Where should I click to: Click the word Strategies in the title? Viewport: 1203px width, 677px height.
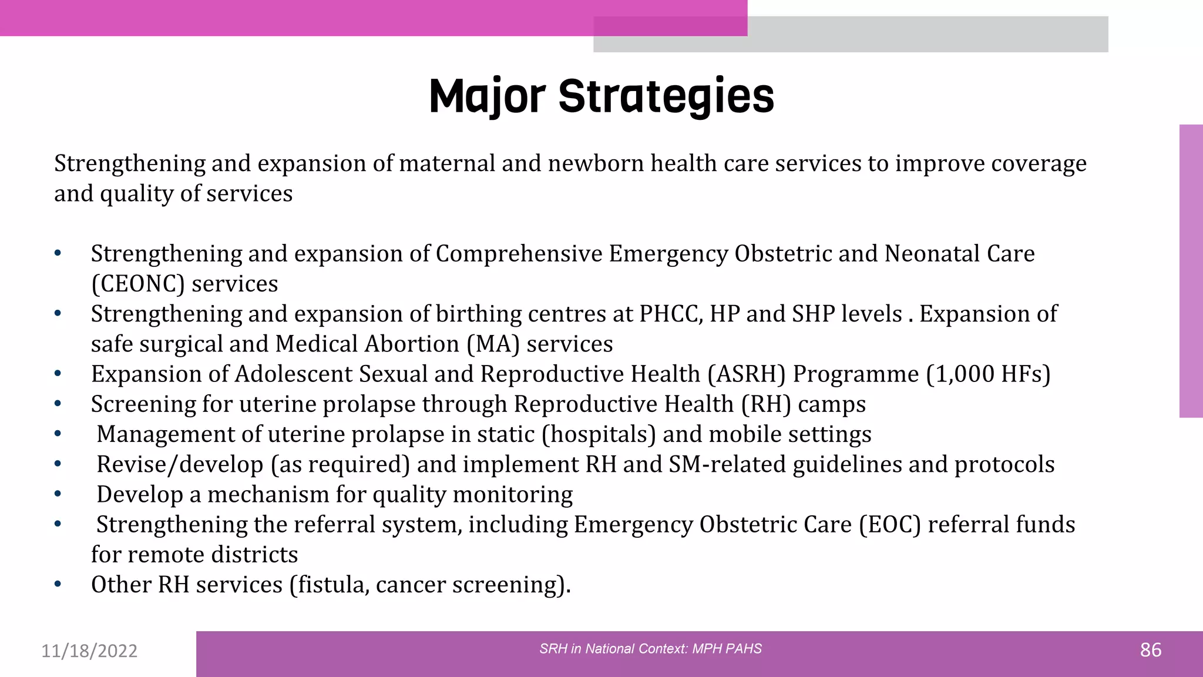666,96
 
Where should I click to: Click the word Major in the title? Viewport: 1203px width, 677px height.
488,96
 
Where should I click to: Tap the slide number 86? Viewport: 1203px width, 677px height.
1150,650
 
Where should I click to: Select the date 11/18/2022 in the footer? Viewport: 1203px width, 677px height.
89,651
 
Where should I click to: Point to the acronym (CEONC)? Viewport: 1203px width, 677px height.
138,284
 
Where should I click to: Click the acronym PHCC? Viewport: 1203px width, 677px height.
670,314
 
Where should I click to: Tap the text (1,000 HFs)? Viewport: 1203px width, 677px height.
988,374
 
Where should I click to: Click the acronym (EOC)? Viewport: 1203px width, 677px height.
889,525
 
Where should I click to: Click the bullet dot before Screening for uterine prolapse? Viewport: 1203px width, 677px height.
58,404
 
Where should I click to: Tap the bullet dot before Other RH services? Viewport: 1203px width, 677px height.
58,585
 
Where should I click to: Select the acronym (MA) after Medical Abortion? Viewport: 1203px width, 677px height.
493,344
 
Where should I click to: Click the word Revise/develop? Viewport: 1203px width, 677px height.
180,465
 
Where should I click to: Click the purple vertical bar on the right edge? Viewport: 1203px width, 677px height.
1191,271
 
